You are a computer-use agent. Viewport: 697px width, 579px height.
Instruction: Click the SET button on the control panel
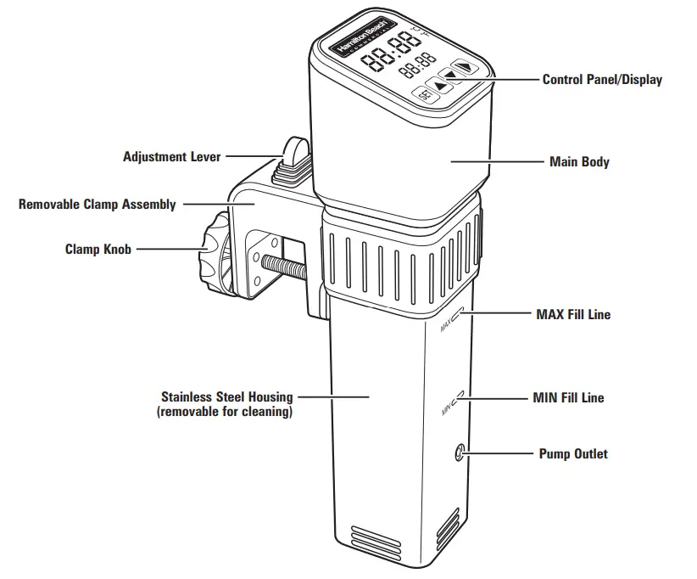point(424,93)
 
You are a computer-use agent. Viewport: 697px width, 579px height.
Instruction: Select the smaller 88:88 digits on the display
point(417,64)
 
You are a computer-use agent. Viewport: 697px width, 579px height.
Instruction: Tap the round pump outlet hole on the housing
point(459,453)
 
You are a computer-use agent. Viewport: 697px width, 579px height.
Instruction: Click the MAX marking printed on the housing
point(447,323)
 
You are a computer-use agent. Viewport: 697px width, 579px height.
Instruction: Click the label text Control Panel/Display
point(602,80)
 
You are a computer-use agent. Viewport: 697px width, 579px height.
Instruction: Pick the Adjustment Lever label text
point(171,156)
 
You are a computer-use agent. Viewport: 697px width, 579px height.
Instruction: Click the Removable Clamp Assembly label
point(98,204)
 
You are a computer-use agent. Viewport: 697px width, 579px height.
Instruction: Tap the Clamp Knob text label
point(98,250)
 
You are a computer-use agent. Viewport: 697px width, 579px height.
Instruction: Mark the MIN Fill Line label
point(568,397)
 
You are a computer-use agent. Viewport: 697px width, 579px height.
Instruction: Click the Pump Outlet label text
point(573,453)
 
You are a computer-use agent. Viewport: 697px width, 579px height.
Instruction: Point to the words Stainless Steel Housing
point(226,396)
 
